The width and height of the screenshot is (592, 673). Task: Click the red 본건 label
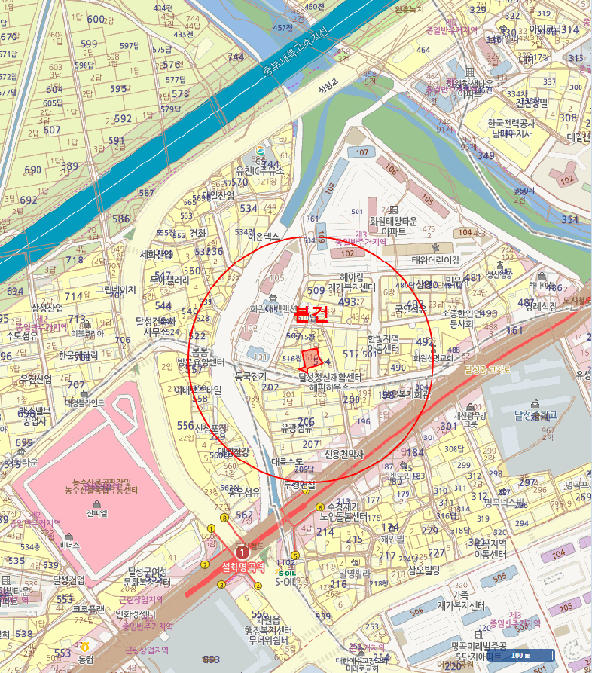(x=310, y=312)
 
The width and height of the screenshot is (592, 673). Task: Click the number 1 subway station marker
(x=242, y=553)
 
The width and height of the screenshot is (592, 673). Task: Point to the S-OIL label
(x=286, y=581)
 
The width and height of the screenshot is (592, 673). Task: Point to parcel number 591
(x=116, y=141)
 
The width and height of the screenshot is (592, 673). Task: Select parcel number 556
(x=185, y=425)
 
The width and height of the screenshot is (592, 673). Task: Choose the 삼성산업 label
(x=46, y=308)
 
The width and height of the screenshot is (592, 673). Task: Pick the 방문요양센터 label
(x=199, y=362)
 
